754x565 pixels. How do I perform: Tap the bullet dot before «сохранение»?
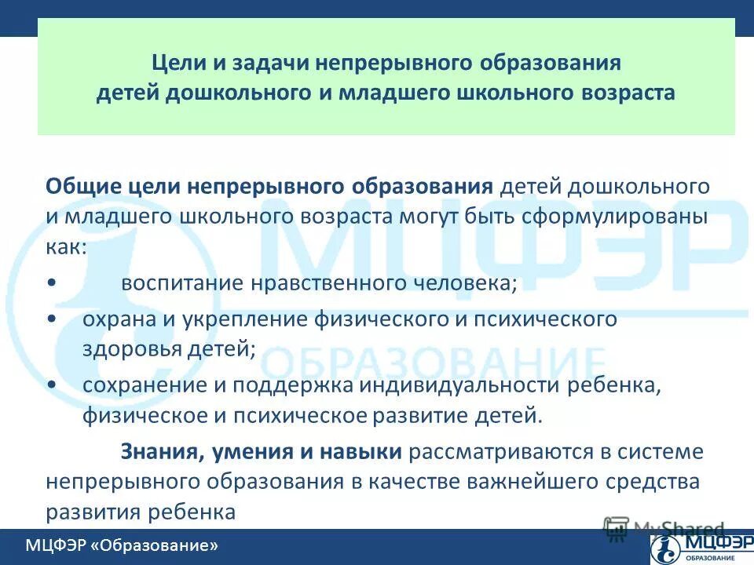click(52, 385)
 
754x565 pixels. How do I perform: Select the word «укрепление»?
click(236, 319)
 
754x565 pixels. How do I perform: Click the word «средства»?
click(660, 481)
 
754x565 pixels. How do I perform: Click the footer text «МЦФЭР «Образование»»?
click(121, 545)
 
